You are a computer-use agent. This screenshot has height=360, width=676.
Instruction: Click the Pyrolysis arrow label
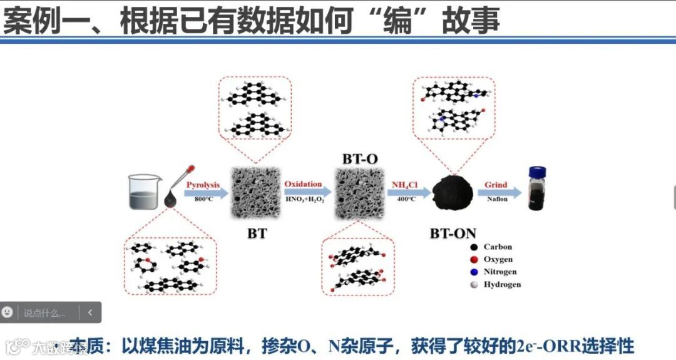(x=203, y=185)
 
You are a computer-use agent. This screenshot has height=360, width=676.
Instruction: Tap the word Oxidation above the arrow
(x=303, y=184)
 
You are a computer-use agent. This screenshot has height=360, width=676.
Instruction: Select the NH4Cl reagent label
(x=404, y=185)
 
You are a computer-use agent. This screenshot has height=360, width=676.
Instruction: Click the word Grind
(x=496, y=185)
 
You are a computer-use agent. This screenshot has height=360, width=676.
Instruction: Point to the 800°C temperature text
(x=204, y=199)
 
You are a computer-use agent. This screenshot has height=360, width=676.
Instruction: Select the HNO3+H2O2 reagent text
(x=305, y=199)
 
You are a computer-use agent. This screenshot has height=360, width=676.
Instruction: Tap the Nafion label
(x=497, y=199)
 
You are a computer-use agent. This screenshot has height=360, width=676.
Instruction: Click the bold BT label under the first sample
(x=257, y=234)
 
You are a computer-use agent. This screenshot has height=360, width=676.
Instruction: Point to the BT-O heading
(x=360, y=158)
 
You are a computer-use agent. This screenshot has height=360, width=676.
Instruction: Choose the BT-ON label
(x=453, y=234)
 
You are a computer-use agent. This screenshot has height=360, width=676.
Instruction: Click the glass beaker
(x=145, y=191)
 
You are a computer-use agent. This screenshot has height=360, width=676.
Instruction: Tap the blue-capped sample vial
(x=536, y=188)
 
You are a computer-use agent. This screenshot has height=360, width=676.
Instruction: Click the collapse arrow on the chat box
(x=90, y=312)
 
